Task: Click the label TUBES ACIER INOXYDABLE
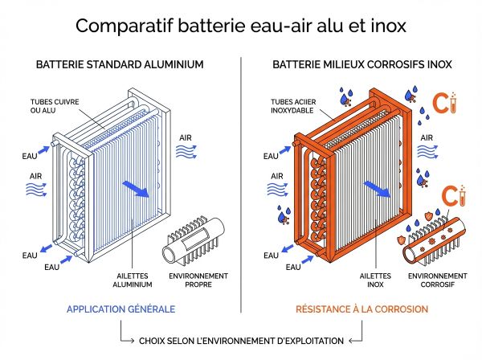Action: pos(294,105)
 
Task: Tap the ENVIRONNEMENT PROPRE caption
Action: pos(198,281)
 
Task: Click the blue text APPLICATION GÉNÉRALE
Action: pos(120,309)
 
